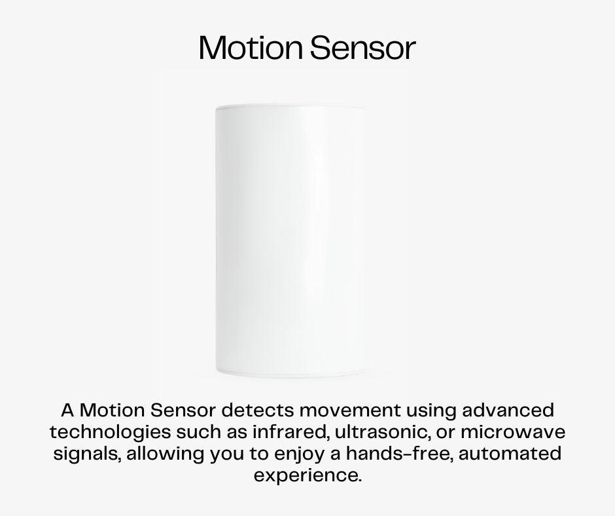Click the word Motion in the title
click(x=251, y=48)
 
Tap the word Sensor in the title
click(x=363, y=48)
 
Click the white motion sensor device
click(x=292, y=241)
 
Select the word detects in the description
click(x=257, y=411)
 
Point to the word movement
click(x=350, y=411)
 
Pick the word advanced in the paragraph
click(x=508, y=411)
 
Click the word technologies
click(x=110, y=432)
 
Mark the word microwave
click(x=513, y=432)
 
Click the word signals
click(x=87, y=454)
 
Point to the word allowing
click(x=166, y=454)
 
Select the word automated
click(x=510, y=454)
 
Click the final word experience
click(x=307, y=475)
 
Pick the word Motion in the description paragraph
click(x=112, y=411)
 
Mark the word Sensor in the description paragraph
click(x=183, y=411)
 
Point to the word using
click(x=431, y=411)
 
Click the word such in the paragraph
click(x=198, y=432)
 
